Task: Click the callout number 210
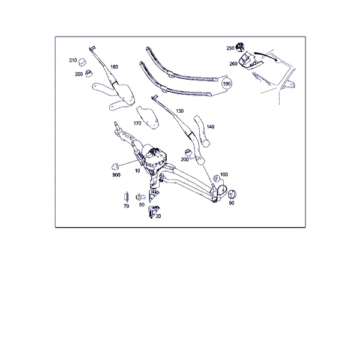click(x=73, y=61)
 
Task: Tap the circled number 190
click(x=227, y=84)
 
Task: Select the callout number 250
click(x=230, y=48)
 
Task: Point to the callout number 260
click(x=233, y=64)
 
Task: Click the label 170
click(x=137, y=124)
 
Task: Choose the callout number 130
click(x=180, y=111)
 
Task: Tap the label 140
click(x=211, y=127)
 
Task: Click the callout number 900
click(x=116, y=175)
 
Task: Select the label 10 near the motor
click(x=137, y=170)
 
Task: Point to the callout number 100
click(x=224, y=175)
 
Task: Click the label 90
click(x=232, y=203)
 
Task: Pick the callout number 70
click(x=126, y=206)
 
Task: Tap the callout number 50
click(x=142, y=205)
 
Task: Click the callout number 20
click(x=158, y=216)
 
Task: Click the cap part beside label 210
click(x=82, y=62)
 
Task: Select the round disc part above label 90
click(x=232, y=194)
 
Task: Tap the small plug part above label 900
click(x=115, y=166)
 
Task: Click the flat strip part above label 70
click(x=126, y=197)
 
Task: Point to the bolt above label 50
click(x=140, y=197)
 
